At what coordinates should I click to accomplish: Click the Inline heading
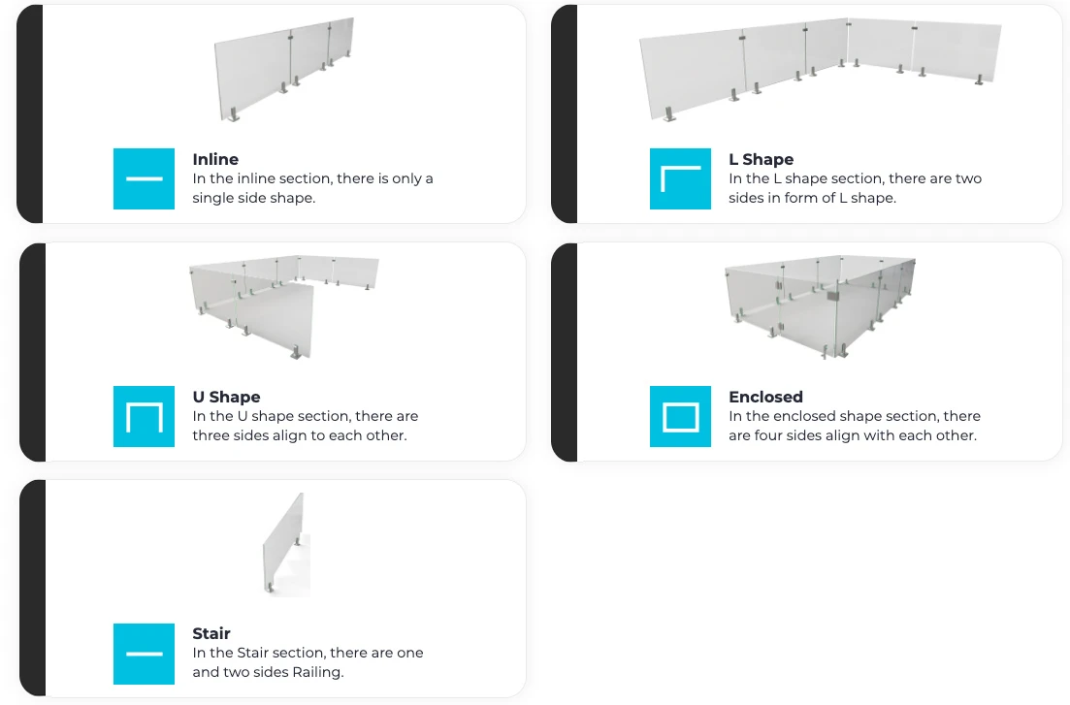(215, 159)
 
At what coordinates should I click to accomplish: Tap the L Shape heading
(761, 160)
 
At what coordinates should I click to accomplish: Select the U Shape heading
(226, 398)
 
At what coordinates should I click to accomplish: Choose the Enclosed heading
(765, 397)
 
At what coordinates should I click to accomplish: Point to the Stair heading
(211, 633)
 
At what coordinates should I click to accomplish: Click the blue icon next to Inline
(144, 178)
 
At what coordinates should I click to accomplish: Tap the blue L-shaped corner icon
(680, 178)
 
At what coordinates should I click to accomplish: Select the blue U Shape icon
(144, 416)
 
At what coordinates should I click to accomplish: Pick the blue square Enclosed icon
(680, 416)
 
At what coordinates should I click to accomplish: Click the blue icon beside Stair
(144, 654)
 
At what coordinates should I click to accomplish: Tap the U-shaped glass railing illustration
(284, 307)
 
